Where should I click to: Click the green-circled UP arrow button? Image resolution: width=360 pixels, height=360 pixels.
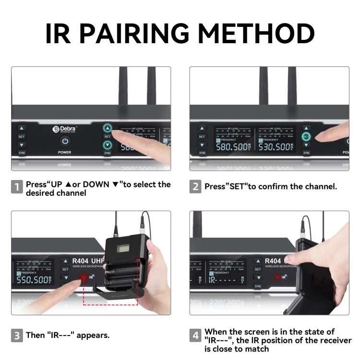pyautogui.click(x=108, y=128)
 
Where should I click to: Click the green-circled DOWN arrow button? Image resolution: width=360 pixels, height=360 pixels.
pyautogui.click(x=108, y=144)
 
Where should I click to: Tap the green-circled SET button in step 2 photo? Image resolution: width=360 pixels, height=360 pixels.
pyautogui.click(x=306, y=136)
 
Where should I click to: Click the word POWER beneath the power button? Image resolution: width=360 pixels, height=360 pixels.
pyautogui.click(x=65, y=152)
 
